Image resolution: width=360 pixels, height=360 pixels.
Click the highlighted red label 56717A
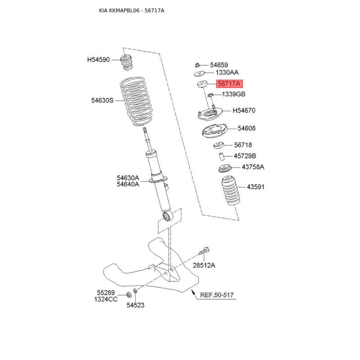tap(229, 84)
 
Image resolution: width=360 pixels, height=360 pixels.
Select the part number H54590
tap(99, 60)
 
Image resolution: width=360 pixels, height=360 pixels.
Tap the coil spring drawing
tap(136, 102)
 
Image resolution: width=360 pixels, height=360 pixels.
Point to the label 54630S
tap(103, 100)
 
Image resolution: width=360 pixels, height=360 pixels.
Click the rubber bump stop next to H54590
tap(126, 63)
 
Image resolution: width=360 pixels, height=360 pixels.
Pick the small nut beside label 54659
tap(197, 65)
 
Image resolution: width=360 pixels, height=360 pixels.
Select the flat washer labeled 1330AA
tap(199, 74)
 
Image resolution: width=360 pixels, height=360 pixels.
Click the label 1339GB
tap(234, 94)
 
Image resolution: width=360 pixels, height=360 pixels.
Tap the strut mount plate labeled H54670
tap(210, 114)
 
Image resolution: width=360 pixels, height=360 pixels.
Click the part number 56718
tap(243, 145)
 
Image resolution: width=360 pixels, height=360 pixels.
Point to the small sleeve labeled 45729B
tap(221, 157)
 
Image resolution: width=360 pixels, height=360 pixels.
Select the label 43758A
tap(253, 167)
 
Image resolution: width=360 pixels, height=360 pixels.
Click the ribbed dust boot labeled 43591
tap(231, 191)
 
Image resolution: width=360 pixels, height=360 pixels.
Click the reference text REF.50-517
tap(217, 295)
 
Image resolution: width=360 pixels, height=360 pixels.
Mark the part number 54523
tap(135, 305)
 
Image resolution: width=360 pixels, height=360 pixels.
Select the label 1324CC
tap(106, 299)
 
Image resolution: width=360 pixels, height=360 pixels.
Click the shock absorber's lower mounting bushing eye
tap(167, 216)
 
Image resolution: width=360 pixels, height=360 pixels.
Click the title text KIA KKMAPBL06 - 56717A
tap(131, 10)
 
